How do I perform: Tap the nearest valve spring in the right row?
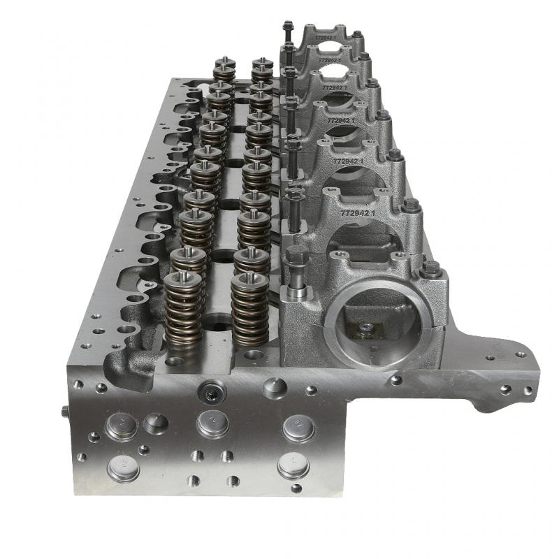coord(249,311)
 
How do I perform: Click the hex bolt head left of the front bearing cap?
coord(294,256)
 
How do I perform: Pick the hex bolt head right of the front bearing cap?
coord(431,268)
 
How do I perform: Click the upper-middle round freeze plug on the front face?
coord(212,423)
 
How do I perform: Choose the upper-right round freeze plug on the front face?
coord(298,428)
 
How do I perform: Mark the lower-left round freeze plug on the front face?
coord(124,468)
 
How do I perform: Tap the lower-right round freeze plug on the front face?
coord(293,465)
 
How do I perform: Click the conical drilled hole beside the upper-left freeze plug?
coord(155,422)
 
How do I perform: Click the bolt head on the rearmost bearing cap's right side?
coord(357,34)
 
